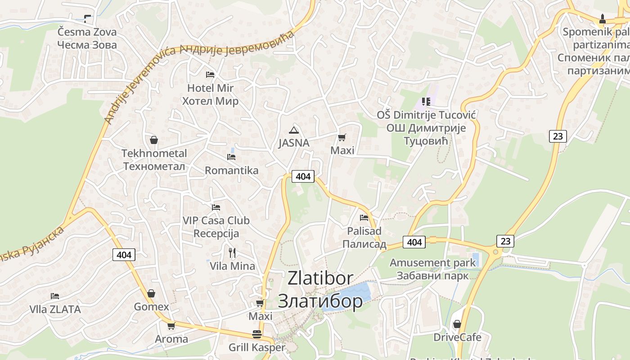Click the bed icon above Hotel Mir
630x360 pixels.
point(210,74)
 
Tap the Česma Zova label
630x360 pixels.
point(87,32)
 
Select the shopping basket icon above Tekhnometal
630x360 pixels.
point(154,140)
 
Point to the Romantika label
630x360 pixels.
point(231,171)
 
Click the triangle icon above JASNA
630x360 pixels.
point(294,130)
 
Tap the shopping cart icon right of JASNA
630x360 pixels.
point(342,137)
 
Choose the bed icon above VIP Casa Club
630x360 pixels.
point(216,207)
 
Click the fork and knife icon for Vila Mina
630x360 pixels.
point(232,252)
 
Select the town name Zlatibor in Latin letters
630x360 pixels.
point(320,278)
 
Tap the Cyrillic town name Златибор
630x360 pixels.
point(320,301)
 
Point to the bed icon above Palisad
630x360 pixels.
point(364,218)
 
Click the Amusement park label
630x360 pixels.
point(432,262)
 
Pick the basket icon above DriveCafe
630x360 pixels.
point(457,324)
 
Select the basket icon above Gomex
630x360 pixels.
point(151,293)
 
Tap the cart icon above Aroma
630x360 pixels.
point(171,326)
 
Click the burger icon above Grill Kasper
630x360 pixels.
point(257,334)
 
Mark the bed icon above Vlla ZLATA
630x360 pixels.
point(55,296)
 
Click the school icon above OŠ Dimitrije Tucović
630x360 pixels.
point(426,102)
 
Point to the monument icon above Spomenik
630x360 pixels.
point(603,19)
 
